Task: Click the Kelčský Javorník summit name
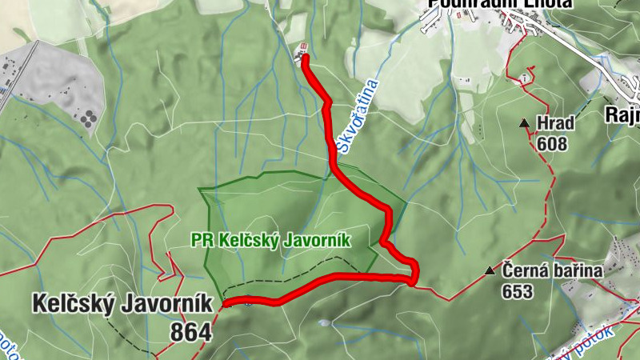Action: (x=122, y=304)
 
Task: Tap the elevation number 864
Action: (x=190, y=331)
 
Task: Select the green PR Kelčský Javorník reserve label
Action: (x=271, y=239)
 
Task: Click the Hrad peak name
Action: (x=556, y=124)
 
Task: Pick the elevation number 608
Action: (x=552, y=144)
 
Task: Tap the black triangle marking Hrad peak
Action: (x=524, y=123)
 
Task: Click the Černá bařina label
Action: (x=552, y=270)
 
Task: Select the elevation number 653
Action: (x=518, y=292)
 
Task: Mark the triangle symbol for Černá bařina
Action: (x=490, y=271)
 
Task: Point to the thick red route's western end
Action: (x=227, y=303)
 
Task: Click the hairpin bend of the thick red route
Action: (x=412, y=276)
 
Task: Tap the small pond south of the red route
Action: (x=322, y=323)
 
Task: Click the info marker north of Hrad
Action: (x=526, y=78)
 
